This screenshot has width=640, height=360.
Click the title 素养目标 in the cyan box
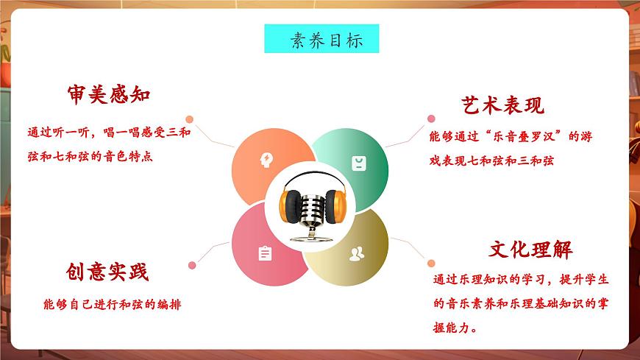(x=321, y=39)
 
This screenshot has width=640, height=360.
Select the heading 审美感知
(x=108, y=95)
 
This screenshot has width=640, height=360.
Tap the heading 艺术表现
(x=503, y=105)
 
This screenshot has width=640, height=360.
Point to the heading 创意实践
(x=107, y=272)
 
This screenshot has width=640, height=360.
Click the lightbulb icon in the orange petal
(x=266, y=160)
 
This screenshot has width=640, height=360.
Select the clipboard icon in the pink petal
(x=265, y=254)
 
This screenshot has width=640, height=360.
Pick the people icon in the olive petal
(x=357, y=254)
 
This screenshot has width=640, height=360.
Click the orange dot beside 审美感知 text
(x=189, y=119)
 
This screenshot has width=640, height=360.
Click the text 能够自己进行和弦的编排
(x=112, y=304)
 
